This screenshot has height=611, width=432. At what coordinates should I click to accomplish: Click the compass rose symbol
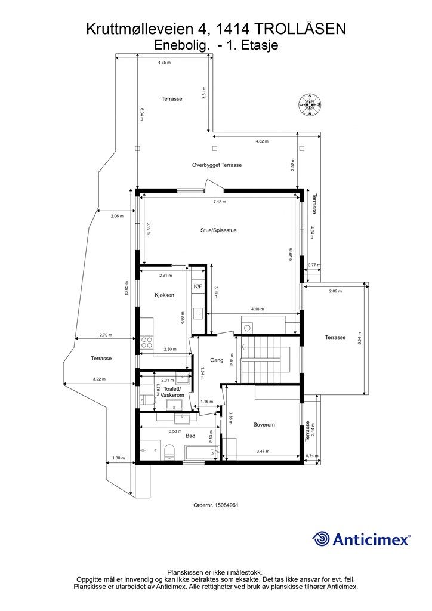click(x=310, y=105)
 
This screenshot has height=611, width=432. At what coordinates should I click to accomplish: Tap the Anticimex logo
click(x=361, y=539)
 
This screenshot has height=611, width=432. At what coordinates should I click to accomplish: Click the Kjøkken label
click(x=164, y=295)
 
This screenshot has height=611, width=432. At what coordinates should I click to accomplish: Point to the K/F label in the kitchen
click(x=198, y=287)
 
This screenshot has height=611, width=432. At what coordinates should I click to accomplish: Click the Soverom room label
click(x=264, y=425)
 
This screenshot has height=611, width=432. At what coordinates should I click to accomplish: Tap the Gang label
click(x=217, y=360)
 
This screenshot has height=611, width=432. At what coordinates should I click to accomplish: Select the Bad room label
click(x=190, y=436)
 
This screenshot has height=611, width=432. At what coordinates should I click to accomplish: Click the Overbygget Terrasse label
click(x=217, y=165)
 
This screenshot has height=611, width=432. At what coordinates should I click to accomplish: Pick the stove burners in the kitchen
click(x=146, y=342)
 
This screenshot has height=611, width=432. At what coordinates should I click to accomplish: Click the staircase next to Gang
click(x=266, y=359)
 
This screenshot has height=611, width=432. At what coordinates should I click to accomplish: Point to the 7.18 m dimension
click(x=220, y=202)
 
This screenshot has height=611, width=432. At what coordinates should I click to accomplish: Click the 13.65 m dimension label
click(x=126, y=289)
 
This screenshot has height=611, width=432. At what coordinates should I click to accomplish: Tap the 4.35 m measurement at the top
click(x=164, y=62)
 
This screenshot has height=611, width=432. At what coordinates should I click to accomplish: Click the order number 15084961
click(x=216, y=505)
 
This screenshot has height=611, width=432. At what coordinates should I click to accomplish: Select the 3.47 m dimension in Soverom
click(x=263, y=451)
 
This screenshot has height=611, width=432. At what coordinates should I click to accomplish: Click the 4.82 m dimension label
click(x=262, y=141)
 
